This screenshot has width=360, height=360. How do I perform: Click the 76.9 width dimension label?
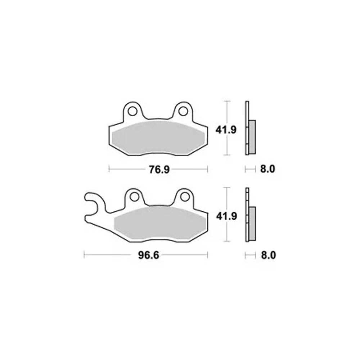[159, 170]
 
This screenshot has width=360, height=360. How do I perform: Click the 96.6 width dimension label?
[149, 255]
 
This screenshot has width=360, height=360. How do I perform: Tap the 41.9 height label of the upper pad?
[226, 130]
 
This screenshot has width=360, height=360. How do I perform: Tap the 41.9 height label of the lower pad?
[226, 216]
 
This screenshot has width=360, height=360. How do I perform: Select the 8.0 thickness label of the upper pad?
[267, 169]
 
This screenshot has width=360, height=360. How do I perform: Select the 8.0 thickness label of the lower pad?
[269, 255]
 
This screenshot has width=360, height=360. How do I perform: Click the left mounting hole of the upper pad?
[132, 111]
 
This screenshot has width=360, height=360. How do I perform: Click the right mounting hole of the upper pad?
[183, 111]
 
